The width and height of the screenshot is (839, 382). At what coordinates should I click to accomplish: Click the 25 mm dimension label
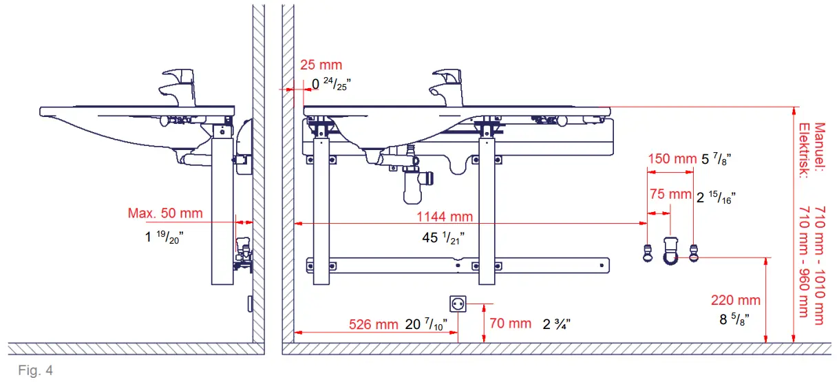321,65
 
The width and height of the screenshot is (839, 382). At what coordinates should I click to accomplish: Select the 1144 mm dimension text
445,217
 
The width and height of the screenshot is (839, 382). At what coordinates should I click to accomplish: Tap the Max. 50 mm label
165,213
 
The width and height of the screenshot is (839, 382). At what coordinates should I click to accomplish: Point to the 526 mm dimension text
373,324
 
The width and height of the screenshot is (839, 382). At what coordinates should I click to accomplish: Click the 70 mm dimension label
511,323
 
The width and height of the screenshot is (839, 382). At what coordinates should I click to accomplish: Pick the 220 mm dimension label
736,300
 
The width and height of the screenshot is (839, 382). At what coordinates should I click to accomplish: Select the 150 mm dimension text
672,159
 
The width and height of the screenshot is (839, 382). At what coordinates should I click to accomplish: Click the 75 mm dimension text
670,195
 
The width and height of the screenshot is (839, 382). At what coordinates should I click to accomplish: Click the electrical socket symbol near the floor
458,304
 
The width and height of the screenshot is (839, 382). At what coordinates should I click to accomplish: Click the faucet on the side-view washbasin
177,86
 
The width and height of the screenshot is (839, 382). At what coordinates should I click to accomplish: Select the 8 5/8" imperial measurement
734,319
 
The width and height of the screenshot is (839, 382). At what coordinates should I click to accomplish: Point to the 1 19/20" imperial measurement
163,236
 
